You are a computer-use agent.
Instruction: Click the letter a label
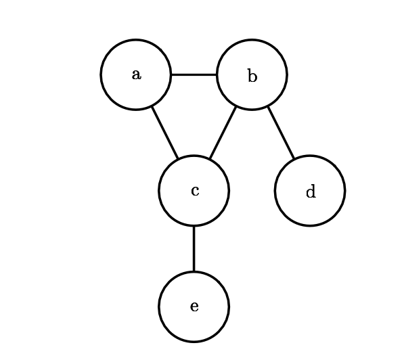(136, 74)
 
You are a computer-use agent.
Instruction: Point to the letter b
(252, 76)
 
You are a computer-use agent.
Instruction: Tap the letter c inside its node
(195, 191)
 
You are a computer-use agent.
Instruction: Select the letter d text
(310, 192)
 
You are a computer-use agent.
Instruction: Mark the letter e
(194, 307)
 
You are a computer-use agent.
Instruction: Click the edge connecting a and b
(194, 74)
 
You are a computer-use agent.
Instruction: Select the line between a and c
(164, 133)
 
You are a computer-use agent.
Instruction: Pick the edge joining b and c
(223, 133)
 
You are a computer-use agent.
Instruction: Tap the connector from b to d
(281, 133)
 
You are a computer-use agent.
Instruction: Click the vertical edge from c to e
(194, 249)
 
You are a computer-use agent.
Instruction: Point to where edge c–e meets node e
(194, 272)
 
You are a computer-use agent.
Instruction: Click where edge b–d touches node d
(294, 160)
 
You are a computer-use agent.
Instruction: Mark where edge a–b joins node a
(171, 74)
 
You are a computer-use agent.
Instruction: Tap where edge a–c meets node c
(178, 160)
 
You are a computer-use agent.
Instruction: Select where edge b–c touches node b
(236, 106)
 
